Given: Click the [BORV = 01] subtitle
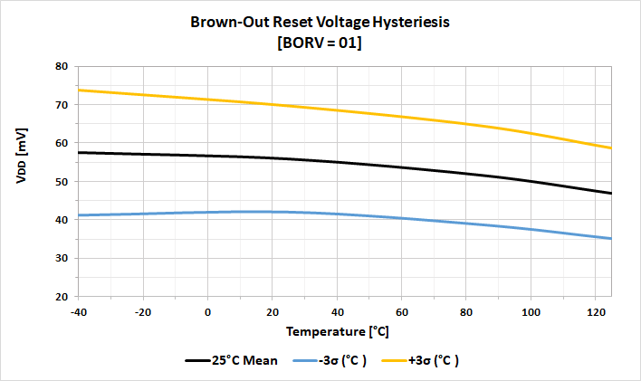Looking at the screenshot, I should [x=320, y=43].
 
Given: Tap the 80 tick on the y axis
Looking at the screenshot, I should [x=62, y=66].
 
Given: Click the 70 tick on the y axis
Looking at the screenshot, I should [x=62, y=105].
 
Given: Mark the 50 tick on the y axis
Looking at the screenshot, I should [x=62, y=182].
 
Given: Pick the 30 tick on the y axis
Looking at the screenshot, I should [x=62, y=259].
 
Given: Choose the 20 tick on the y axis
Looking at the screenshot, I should [x=62, y=297].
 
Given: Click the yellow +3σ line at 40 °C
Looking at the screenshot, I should [x=338, y=110].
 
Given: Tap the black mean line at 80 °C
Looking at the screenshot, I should [x=466, y=173].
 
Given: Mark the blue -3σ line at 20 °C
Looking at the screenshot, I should [x=273, y=212].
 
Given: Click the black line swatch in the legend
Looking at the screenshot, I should [x=199, y=360].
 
